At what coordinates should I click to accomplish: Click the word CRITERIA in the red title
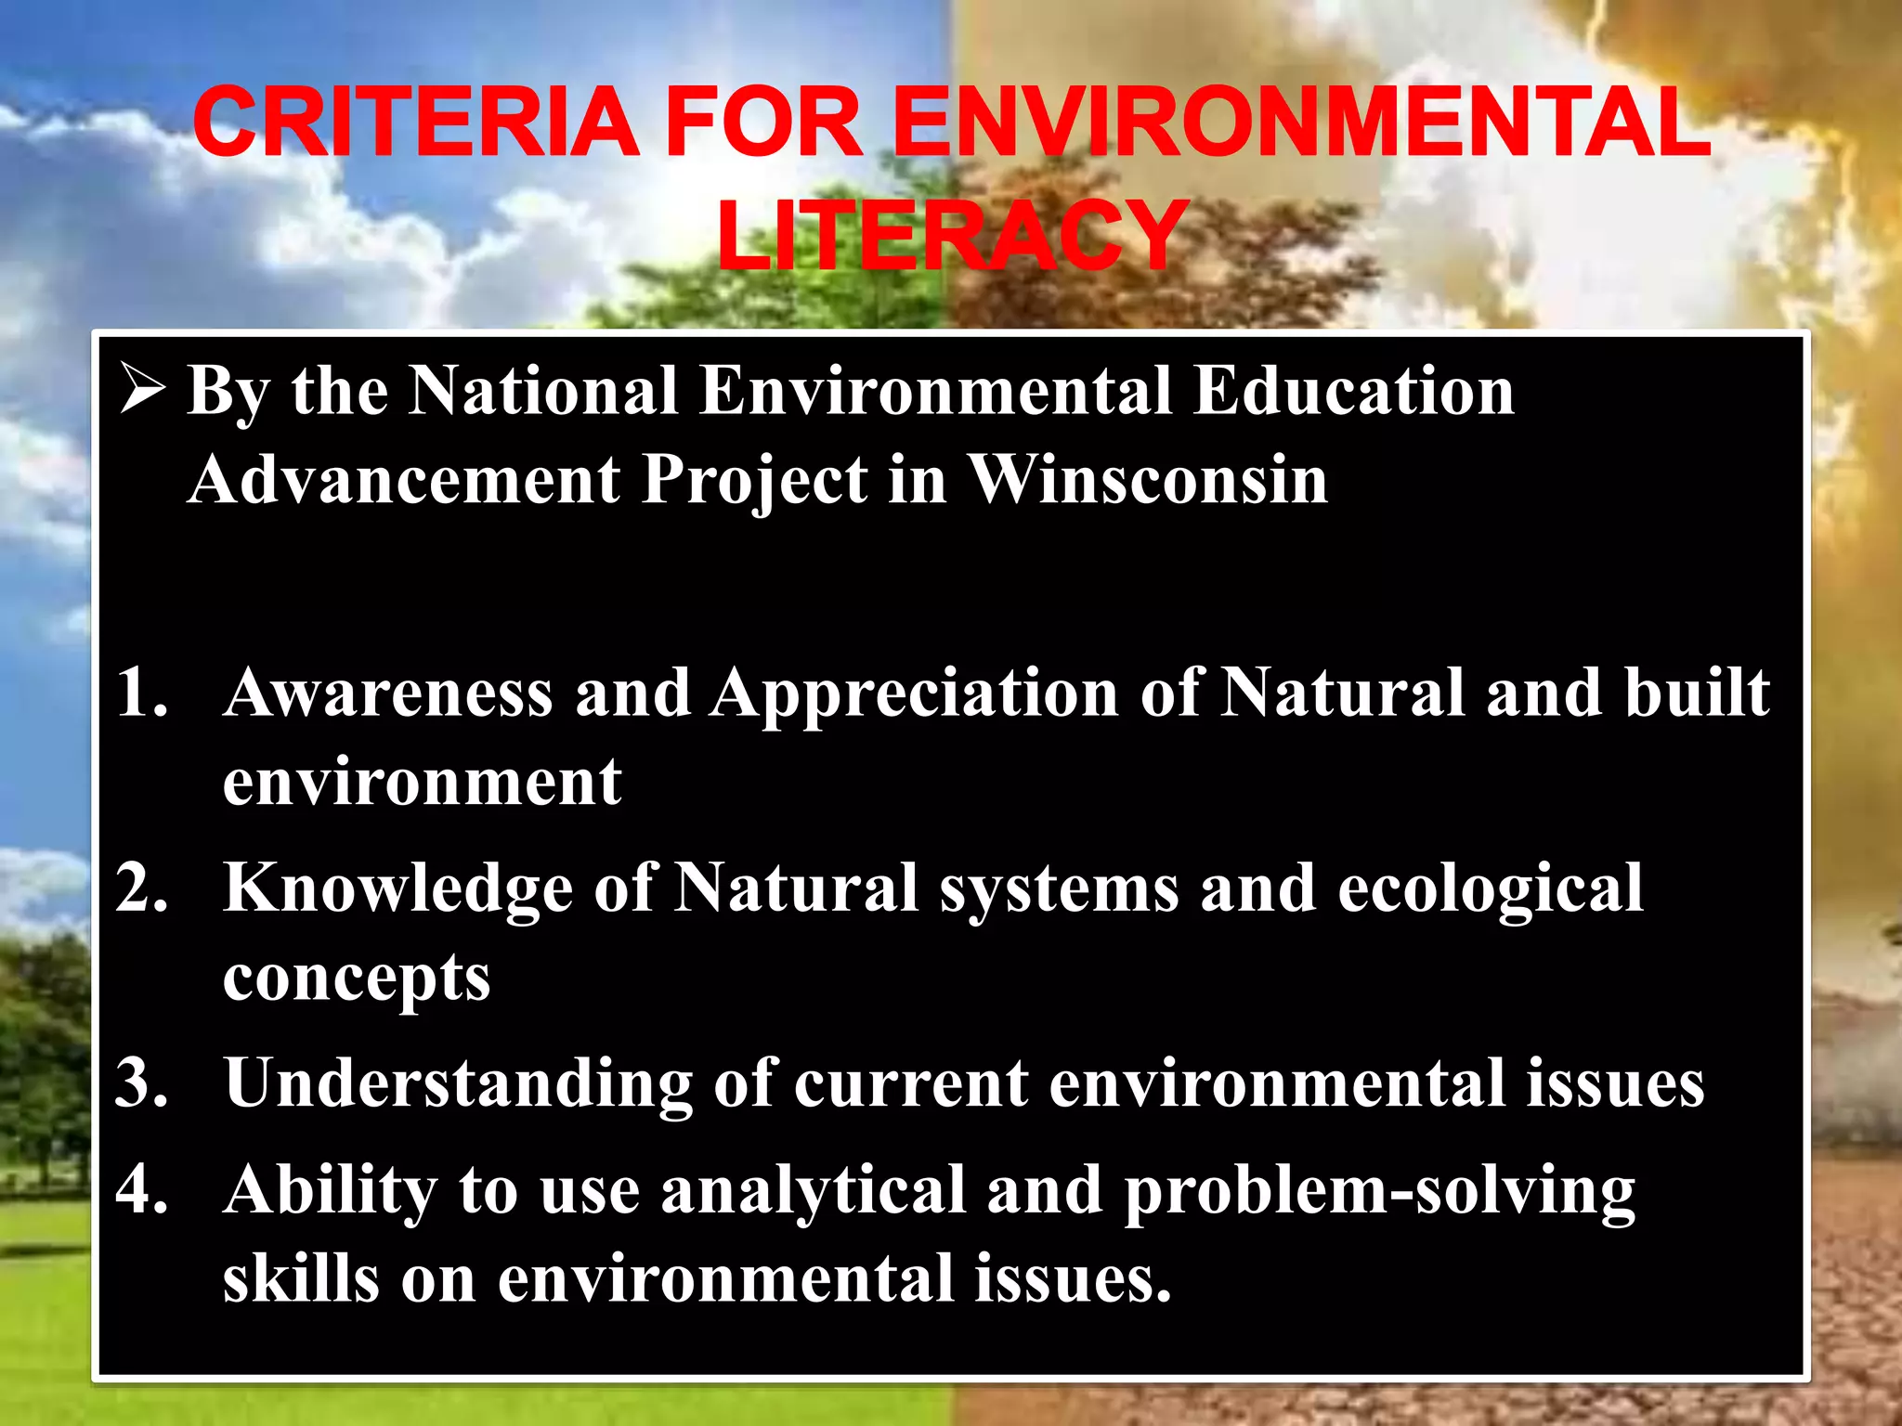[415, 123]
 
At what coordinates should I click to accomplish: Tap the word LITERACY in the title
[952, 236]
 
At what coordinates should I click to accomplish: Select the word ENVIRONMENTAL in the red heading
[1300, 123]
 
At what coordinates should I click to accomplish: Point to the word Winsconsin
[1148, 480]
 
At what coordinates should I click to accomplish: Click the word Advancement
[404, 480]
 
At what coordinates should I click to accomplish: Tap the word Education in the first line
[1354, 390]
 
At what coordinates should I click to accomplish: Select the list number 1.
[142, 693]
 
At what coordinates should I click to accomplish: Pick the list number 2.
[142, 888]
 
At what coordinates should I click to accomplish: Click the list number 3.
[142, 1082]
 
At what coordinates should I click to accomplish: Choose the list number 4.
[142, 1189]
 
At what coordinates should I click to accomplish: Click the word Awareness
[388, 693]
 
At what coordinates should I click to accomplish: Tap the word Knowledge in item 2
[398, 889]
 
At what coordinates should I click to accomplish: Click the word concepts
[357, 979]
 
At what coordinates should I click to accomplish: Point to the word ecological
[1491, 889]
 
